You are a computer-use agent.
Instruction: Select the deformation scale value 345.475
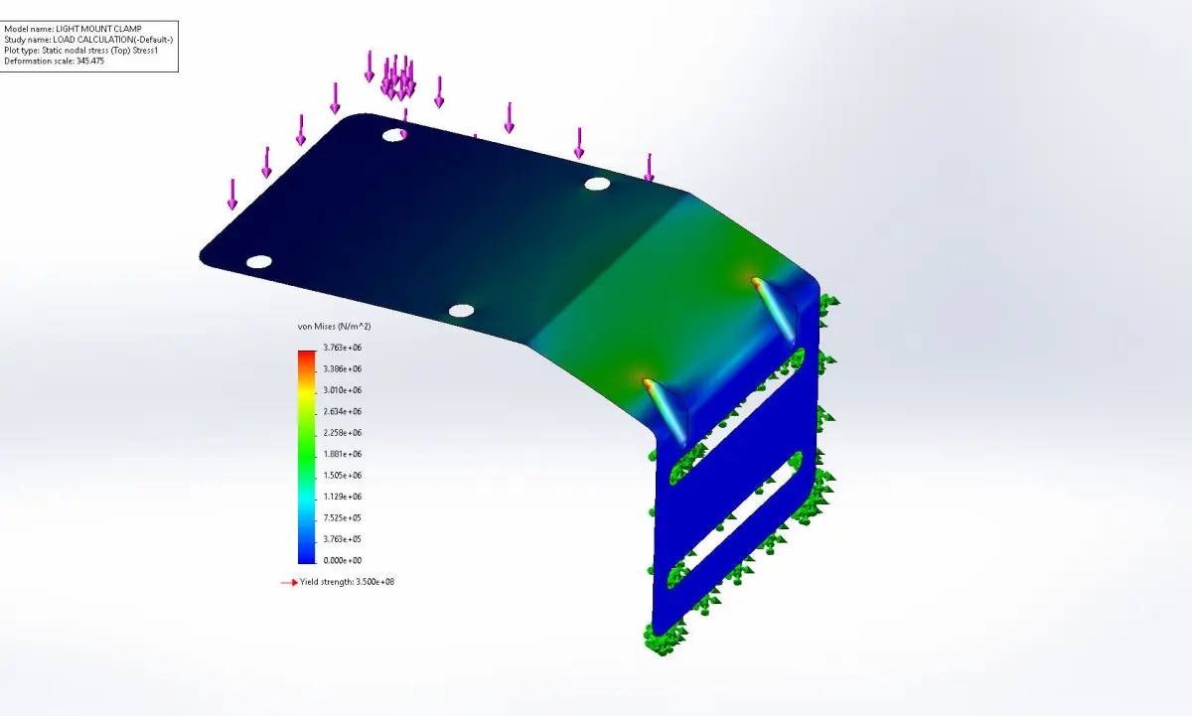click(90, 61)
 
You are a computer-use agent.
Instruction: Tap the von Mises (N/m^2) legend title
click(334, 326)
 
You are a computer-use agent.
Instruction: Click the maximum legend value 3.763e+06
click(342, 348)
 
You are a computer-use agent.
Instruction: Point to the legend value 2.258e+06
click(342, 432)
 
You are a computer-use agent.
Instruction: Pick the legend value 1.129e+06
click(342, 497)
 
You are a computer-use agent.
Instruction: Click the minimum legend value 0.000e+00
click(342, 560)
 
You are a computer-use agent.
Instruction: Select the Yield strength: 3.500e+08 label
click(347, 582)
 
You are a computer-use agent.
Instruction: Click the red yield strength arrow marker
click(289, 583)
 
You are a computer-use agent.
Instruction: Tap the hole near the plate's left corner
click(259, 262)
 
